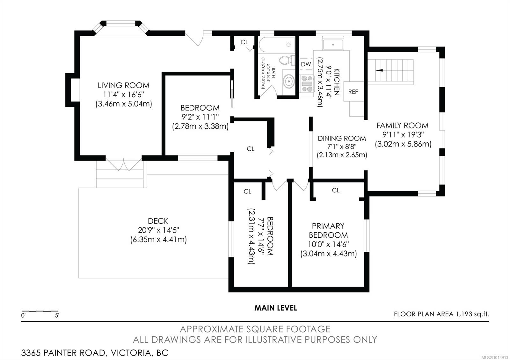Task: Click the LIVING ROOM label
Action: point(123,85)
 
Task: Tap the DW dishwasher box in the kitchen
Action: point(306,64)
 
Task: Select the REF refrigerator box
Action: point(353,92)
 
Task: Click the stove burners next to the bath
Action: point(307,83)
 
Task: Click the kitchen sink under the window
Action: point(333,44)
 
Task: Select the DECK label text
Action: point(158,221)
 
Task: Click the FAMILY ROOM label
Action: point(402,126)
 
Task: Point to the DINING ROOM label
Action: point(342,138)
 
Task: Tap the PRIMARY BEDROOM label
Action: point(328,230)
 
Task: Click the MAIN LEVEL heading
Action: point(275,308)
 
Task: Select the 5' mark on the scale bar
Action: point(57,316)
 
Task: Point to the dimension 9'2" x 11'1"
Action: point(200,117)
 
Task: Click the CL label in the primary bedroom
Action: point(335,190)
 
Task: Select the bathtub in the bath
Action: point(276,45)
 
